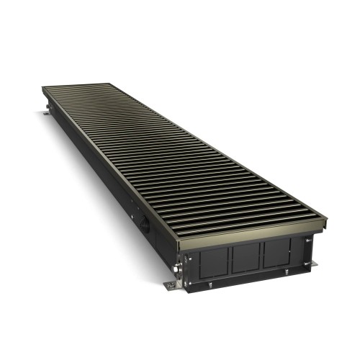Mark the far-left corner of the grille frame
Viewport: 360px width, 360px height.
pos(42,89)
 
